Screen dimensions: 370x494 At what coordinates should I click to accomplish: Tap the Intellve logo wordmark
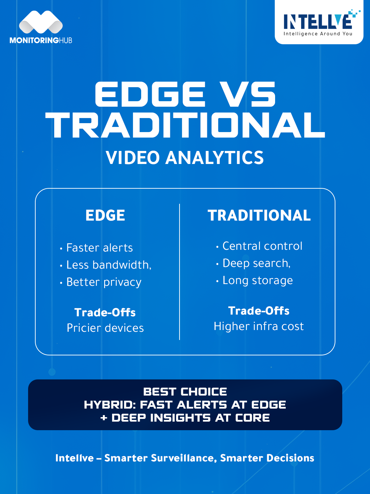click(x=319, y=20)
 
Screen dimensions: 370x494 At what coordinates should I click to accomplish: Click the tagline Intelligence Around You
click(x=318, y=34)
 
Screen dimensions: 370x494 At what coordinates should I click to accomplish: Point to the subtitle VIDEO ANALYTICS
click(x=185, y=157)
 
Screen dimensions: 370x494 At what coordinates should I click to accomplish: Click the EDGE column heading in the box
click(x=105, y=215)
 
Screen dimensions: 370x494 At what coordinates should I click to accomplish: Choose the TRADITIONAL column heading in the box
click(x=259, y=215)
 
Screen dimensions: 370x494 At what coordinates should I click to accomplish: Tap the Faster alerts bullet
click(x=96, y=248)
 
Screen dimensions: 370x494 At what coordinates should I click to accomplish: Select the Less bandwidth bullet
click(x=106, y=265)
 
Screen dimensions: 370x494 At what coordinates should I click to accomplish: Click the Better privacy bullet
click(x=101, y=282)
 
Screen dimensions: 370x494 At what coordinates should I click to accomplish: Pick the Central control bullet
click(x=259, y=246)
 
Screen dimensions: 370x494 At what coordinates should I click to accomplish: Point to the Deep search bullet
click(x=253, y=263)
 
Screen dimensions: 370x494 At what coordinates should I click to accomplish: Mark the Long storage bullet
click(x=254, y=281)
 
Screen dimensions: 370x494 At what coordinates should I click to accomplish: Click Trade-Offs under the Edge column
click(x=105, y=313)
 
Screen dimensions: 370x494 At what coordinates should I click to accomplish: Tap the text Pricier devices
click(x=105, y=328)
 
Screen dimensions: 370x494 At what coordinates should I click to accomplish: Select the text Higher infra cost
click(x=259, y=326)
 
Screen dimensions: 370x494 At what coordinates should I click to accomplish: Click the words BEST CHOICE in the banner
click(x=185, y=392)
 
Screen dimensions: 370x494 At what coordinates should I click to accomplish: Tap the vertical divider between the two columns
click(x=180, y=272)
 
